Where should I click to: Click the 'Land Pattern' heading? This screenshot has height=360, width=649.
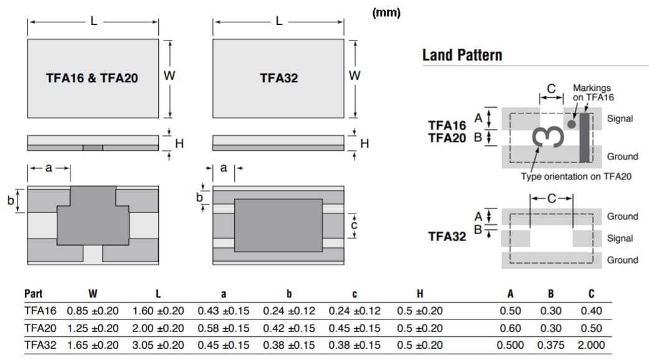[x=462, y=55]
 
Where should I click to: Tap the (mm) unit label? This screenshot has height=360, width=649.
[x=386, y=12]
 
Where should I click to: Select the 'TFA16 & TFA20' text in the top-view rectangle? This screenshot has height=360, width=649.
[x=92, y=78]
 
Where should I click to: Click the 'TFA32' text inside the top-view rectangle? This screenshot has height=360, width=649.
[x=278, y=78]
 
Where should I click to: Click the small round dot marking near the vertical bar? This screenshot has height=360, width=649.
[x=571, y=125]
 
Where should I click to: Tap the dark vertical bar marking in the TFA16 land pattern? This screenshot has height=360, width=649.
[x=584, y=137]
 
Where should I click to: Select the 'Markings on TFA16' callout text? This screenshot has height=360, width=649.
[x=593, y=93]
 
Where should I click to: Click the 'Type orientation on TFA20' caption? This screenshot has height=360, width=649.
[x=576, y=176]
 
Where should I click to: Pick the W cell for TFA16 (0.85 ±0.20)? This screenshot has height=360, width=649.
[x=92, y=311]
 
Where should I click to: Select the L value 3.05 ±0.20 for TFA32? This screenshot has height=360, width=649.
[x=158, y=344]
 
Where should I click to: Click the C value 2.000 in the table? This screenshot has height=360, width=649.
[x=590, y=344]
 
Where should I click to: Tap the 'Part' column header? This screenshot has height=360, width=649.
[x=33, y=294]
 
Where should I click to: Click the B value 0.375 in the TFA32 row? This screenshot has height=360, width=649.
[x=551, y=344]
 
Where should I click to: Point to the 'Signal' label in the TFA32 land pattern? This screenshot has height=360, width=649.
[x=620, y=238]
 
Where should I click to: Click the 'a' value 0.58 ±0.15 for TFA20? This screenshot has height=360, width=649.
[x=224, y=328]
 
